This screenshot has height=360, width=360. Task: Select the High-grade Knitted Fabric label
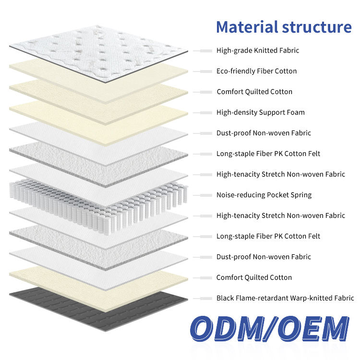(258, 50)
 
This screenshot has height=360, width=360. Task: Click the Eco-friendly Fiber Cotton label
(256, 71)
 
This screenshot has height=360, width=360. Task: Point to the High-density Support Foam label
(260, 112)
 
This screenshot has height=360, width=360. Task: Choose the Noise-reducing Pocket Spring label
(264, 195)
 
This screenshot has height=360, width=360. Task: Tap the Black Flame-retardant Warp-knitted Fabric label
(285, 298)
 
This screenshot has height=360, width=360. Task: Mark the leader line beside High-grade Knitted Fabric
(204, 50)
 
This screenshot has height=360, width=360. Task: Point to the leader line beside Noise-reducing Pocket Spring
(204, 195)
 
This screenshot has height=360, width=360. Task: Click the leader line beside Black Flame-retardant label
(204, 298)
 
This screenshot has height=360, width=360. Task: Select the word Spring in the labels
(300, 195)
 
